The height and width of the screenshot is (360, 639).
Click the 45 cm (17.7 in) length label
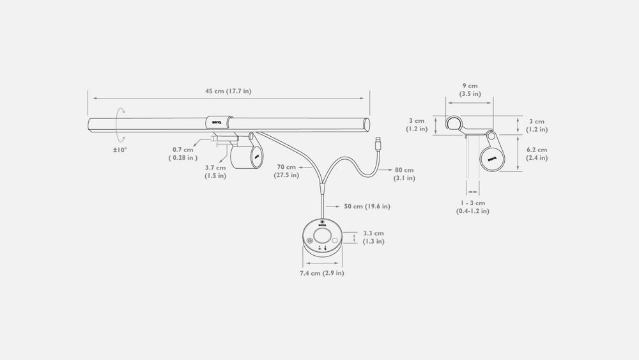pyautogui.click(x=228, y=91)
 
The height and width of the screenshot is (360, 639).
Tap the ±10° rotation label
pyautogui.click(x=120, y=150)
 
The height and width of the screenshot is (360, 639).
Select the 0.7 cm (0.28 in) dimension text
pyautogui.click(x=183, y=153)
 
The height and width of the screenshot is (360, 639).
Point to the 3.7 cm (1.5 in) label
pyautogui.click(x=215, y=171)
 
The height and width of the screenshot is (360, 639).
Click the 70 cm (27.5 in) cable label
pyautogui.click(x=286, y=171)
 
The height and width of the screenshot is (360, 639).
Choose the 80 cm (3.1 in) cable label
pyautogui.click(x=404, y=174)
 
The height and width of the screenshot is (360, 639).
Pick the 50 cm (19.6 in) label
pyautogui.click(x=367, y=207)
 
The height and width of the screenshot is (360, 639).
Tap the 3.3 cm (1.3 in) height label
pyautogui.click(x=373, y=237)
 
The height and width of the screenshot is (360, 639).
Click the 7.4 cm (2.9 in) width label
pyautogui.click(x=322, y=273)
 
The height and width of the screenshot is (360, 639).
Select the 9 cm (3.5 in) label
pyautogui.click(x=470, y=90)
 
